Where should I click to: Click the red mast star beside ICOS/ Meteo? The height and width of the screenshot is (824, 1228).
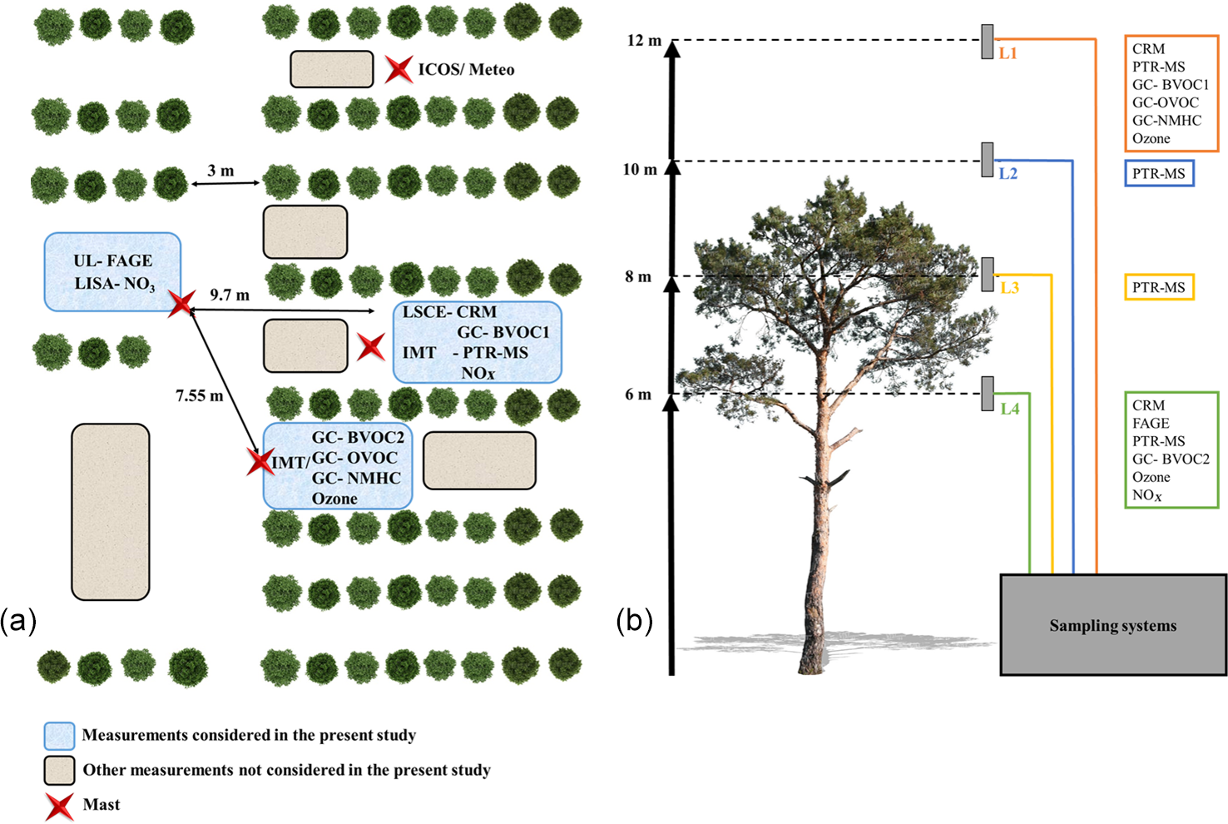click(399, 69)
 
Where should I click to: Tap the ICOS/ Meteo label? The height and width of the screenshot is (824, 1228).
click(466, 70)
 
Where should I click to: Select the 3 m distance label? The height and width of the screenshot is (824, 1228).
click(220, 171)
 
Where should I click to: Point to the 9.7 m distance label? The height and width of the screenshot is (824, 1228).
click(230, 295)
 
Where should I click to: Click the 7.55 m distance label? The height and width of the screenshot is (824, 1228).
click(199, 396)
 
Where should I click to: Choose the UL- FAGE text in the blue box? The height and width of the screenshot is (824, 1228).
click(113, 261)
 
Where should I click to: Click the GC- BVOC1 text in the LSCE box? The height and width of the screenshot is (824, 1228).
click(503, 332)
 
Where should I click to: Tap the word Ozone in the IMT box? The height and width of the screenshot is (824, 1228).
click(334, 499)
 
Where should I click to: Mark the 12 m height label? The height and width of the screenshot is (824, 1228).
click(644, 41)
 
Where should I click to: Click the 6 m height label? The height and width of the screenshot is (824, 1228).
click(638, 395)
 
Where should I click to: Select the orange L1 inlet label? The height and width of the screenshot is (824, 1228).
click(1008, 53)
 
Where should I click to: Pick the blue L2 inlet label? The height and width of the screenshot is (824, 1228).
click(1008, 174)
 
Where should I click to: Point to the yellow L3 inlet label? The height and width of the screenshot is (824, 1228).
click(1009, 288)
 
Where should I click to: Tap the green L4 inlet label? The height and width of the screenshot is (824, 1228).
click(1009, 409)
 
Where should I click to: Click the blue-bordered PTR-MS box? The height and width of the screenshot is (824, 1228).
click(1159, 174)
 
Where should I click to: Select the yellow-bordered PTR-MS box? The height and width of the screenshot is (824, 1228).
click(1159, 287)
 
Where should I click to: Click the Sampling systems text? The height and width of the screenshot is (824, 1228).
click(1112, 626)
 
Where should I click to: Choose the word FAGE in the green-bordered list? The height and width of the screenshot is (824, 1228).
click(1151, 424)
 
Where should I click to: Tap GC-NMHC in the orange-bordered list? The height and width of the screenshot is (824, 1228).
click(1166, 121)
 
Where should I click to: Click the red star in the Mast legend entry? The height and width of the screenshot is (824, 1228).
click(59, 805)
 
